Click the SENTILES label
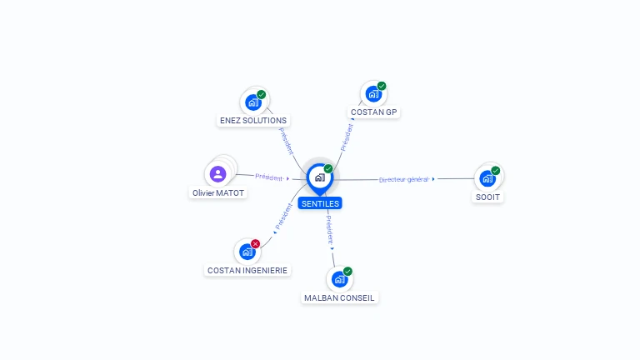coord(320,203)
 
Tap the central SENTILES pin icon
coord(319,177)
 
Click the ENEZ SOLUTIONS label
coord(252,120)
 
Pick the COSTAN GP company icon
coord(372,94)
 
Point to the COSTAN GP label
coord(374,112)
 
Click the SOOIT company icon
coord(487,178)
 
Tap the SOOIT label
coord(488,197)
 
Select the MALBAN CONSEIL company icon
coord(339,280)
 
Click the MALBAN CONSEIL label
coord(340,297)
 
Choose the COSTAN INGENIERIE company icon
coord(247,252)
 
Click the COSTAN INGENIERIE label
coord(247,270)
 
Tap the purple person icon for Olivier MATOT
coord(218,174)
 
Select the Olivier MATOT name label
coord(218,192)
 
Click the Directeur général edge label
coord(404,179)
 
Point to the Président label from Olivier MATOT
coord(269,177)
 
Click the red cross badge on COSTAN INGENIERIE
coord(256,243)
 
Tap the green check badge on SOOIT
coord(496,170)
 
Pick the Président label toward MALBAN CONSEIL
coord(329,227)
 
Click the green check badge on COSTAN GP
coord(382,86)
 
